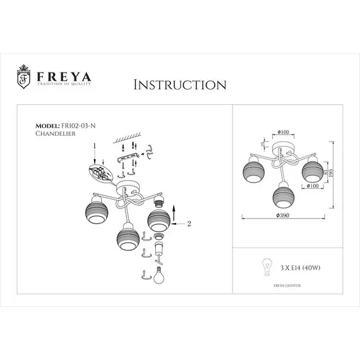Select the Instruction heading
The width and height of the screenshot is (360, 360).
point(180,85)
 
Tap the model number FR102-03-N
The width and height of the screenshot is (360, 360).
point(78,126)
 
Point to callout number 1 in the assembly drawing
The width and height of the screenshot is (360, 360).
point(93,145)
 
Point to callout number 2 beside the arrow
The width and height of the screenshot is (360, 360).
point(189,222)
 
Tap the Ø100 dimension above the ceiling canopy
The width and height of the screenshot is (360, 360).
point(283,132)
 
